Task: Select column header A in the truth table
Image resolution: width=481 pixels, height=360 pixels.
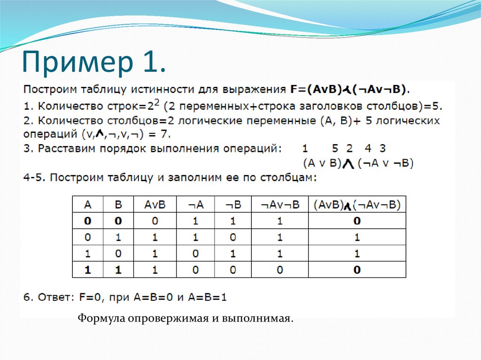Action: [x=87, y=205]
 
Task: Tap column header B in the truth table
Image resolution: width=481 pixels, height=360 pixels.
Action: [x=118, y=205]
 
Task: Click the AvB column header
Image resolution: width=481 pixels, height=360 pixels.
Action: [x=155, y=205]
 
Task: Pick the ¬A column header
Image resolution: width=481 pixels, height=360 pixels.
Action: [x=195, y=205]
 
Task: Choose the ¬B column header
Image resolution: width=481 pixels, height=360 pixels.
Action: [x=233, y=205]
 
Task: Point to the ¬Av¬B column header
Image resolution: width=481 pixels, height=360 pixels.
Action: [x=279, y=205]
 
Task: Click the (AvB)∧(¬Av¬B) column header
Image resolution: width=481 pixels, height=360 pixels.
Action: [x=357, y=205]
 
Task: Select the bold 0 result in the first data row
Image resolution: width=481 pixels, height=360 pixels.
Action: [x=357, y=221]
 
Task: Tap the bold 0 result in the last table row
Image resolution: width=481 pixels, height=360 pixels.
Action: [x=357, y=270]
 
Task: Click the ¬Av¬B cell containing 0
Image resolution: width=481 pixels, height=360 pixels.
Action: [x=280, y=270]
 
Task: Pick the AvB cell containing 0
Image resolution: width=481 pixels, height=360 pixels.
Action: [x=155, y=221]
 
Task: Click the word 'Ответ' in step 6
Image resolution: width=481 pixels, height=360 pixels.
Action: [x=52, y=297]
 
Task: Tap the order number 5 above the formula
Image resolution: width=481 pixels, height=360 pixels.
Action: [x=334, y=149]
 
